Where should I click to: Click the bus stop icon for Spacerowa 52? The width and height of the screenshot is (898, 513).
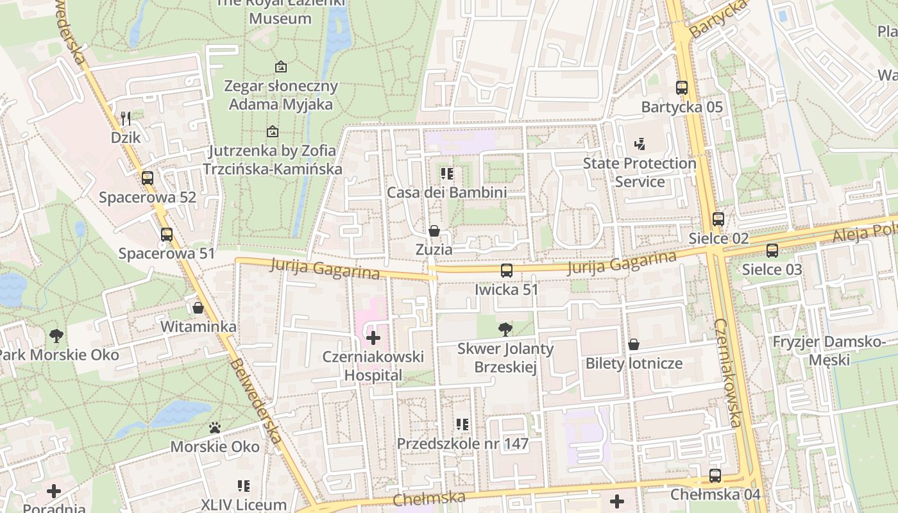148,178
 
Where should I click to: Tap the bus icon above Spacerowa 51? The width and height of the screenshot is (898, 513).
167,235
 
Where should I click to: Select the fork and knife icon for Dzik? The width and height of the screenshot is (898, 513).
126,118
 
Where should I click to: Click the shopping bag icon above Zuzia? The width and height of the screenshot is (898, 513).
434,230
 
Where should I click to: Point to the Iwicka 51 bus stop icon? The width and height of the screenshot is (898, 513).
507,271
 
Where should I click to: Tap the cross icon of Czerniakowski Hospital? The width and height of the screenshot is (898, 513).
373,337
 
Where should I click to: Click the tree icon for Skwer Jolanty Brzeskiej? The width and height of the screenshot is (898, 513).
505,330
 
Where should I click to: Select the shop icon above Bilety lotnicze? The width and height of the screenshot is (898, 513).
634,344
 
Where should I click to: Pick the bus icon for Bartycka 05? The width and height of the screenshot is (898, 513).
682,88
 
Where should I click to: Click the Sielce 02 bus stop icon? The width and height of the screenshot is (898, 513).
718,219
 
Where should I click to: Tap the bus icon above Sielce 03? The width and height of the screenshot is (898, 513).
772,250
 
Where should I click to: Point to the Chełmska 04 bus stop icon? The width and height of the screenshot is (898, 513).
715,476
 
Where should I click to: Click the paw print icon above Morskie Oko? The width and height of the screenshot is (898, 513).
215,427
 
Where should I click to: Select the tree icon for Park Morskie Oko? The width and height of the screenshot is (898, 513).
56,335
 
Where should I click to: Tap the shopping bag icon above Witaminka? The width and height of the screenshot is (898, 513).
198,308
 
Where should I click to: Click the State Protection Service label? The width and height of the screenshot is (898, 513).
640,172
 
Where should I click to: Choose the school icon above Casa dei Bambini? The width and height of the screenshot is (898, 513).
447,173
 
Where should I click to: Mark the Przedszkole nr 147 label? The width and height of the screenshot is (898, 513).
462,443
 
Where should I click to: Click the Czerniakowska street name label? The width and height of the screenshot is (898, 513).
729,372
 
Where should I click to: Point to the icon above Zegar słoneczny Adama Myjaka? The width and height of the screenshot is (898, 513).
280,67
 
